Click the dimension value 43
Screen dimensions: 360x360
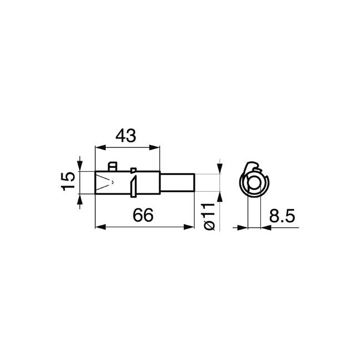pyautogui.click(x=126, y=136)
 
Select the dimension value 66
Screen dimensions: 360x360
pyautogui.click(x=143, y=215)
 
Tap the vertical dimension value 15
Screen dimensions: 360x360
pyautogui.click(x=68, y=181)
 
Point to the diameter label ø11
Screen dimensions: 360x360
pyautogui.click(x=209, y=217)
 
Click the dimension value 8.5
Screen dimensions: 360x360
pyautogui.click(x=282, y=216)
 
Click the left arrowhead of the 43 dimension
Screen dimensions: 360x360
pyautogui.click(x=100, y=148)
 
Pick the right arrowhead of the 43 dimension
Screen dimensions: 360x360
pyautogui.click(x=155, y=148)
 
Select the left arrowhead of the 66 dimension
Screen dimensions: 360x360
pyautogui.click(x=100, y=227)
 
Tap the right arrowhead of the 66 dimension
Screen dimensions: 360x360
pyautogui.click(x=189, y=227)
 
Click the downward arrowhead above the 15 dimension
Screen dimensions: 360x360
pyautogui.click(x=80, y=166)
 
